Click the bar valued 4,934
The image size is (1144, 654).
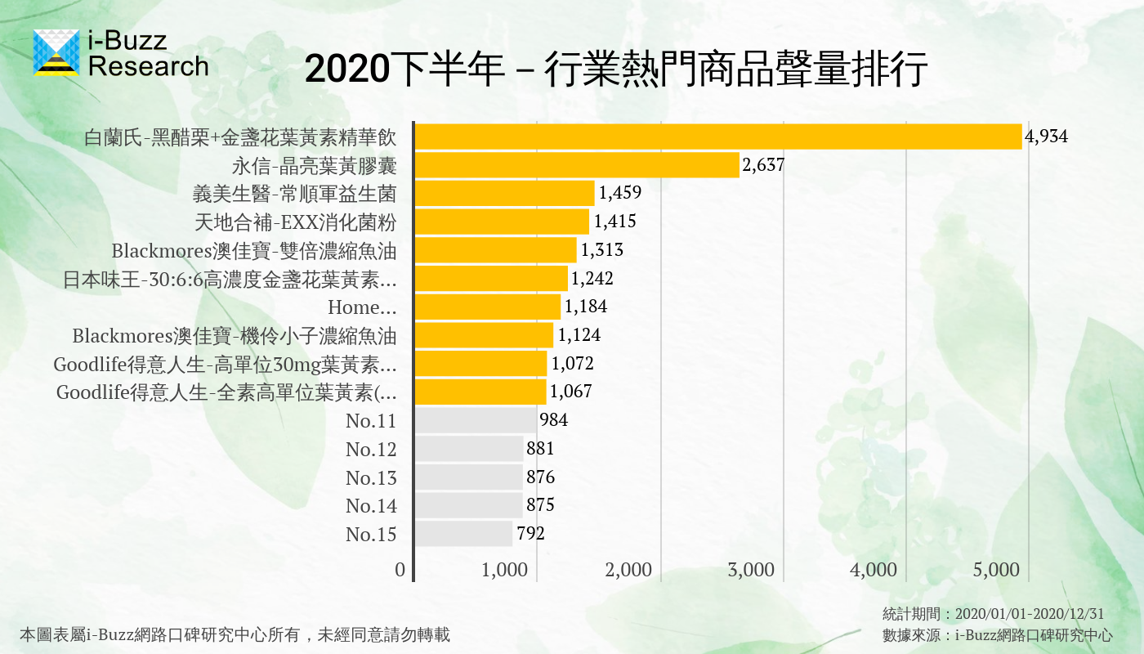pos(717,137)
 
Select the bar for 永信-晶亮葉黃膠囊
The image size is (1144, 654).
pos(577,165)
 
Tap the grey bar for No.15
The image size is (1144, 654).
pos(463,534)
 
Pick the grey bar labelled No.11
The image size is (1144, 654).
pos(476,420)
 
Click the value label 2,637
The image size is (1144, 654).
pos(763,165)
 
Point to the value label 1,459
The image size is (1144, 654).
pos(619,193)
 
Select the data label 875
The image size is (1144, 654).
pos(540,505)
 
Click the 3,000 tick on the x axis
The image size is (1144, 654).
pos(751,570)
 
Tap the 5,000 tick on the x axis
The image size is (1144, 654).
pos(996,570)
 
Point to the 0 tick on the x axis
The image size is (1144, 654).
pos(400,570)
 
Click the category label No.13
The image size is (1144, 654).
pos(371,477)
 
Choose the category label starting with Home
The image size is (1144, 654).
pos(362,307)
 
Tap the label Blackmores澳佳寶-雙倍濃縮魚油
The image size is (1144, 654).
pos(254,250)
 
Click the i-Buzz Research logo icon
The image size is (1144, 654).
pos(56,52)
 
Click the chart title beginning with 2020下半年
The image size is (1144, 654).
pos(616,70)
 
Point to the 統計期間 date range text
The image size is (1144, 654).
pos(993,613)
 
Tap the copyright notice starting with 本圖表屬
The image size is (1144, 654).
pos(235,634)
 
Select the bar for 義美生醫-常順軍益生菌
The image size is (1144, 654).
pos(504,193)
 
